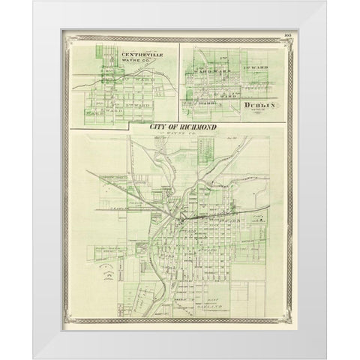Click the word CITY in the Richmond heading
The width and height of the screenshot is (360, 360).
(162, 128)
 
